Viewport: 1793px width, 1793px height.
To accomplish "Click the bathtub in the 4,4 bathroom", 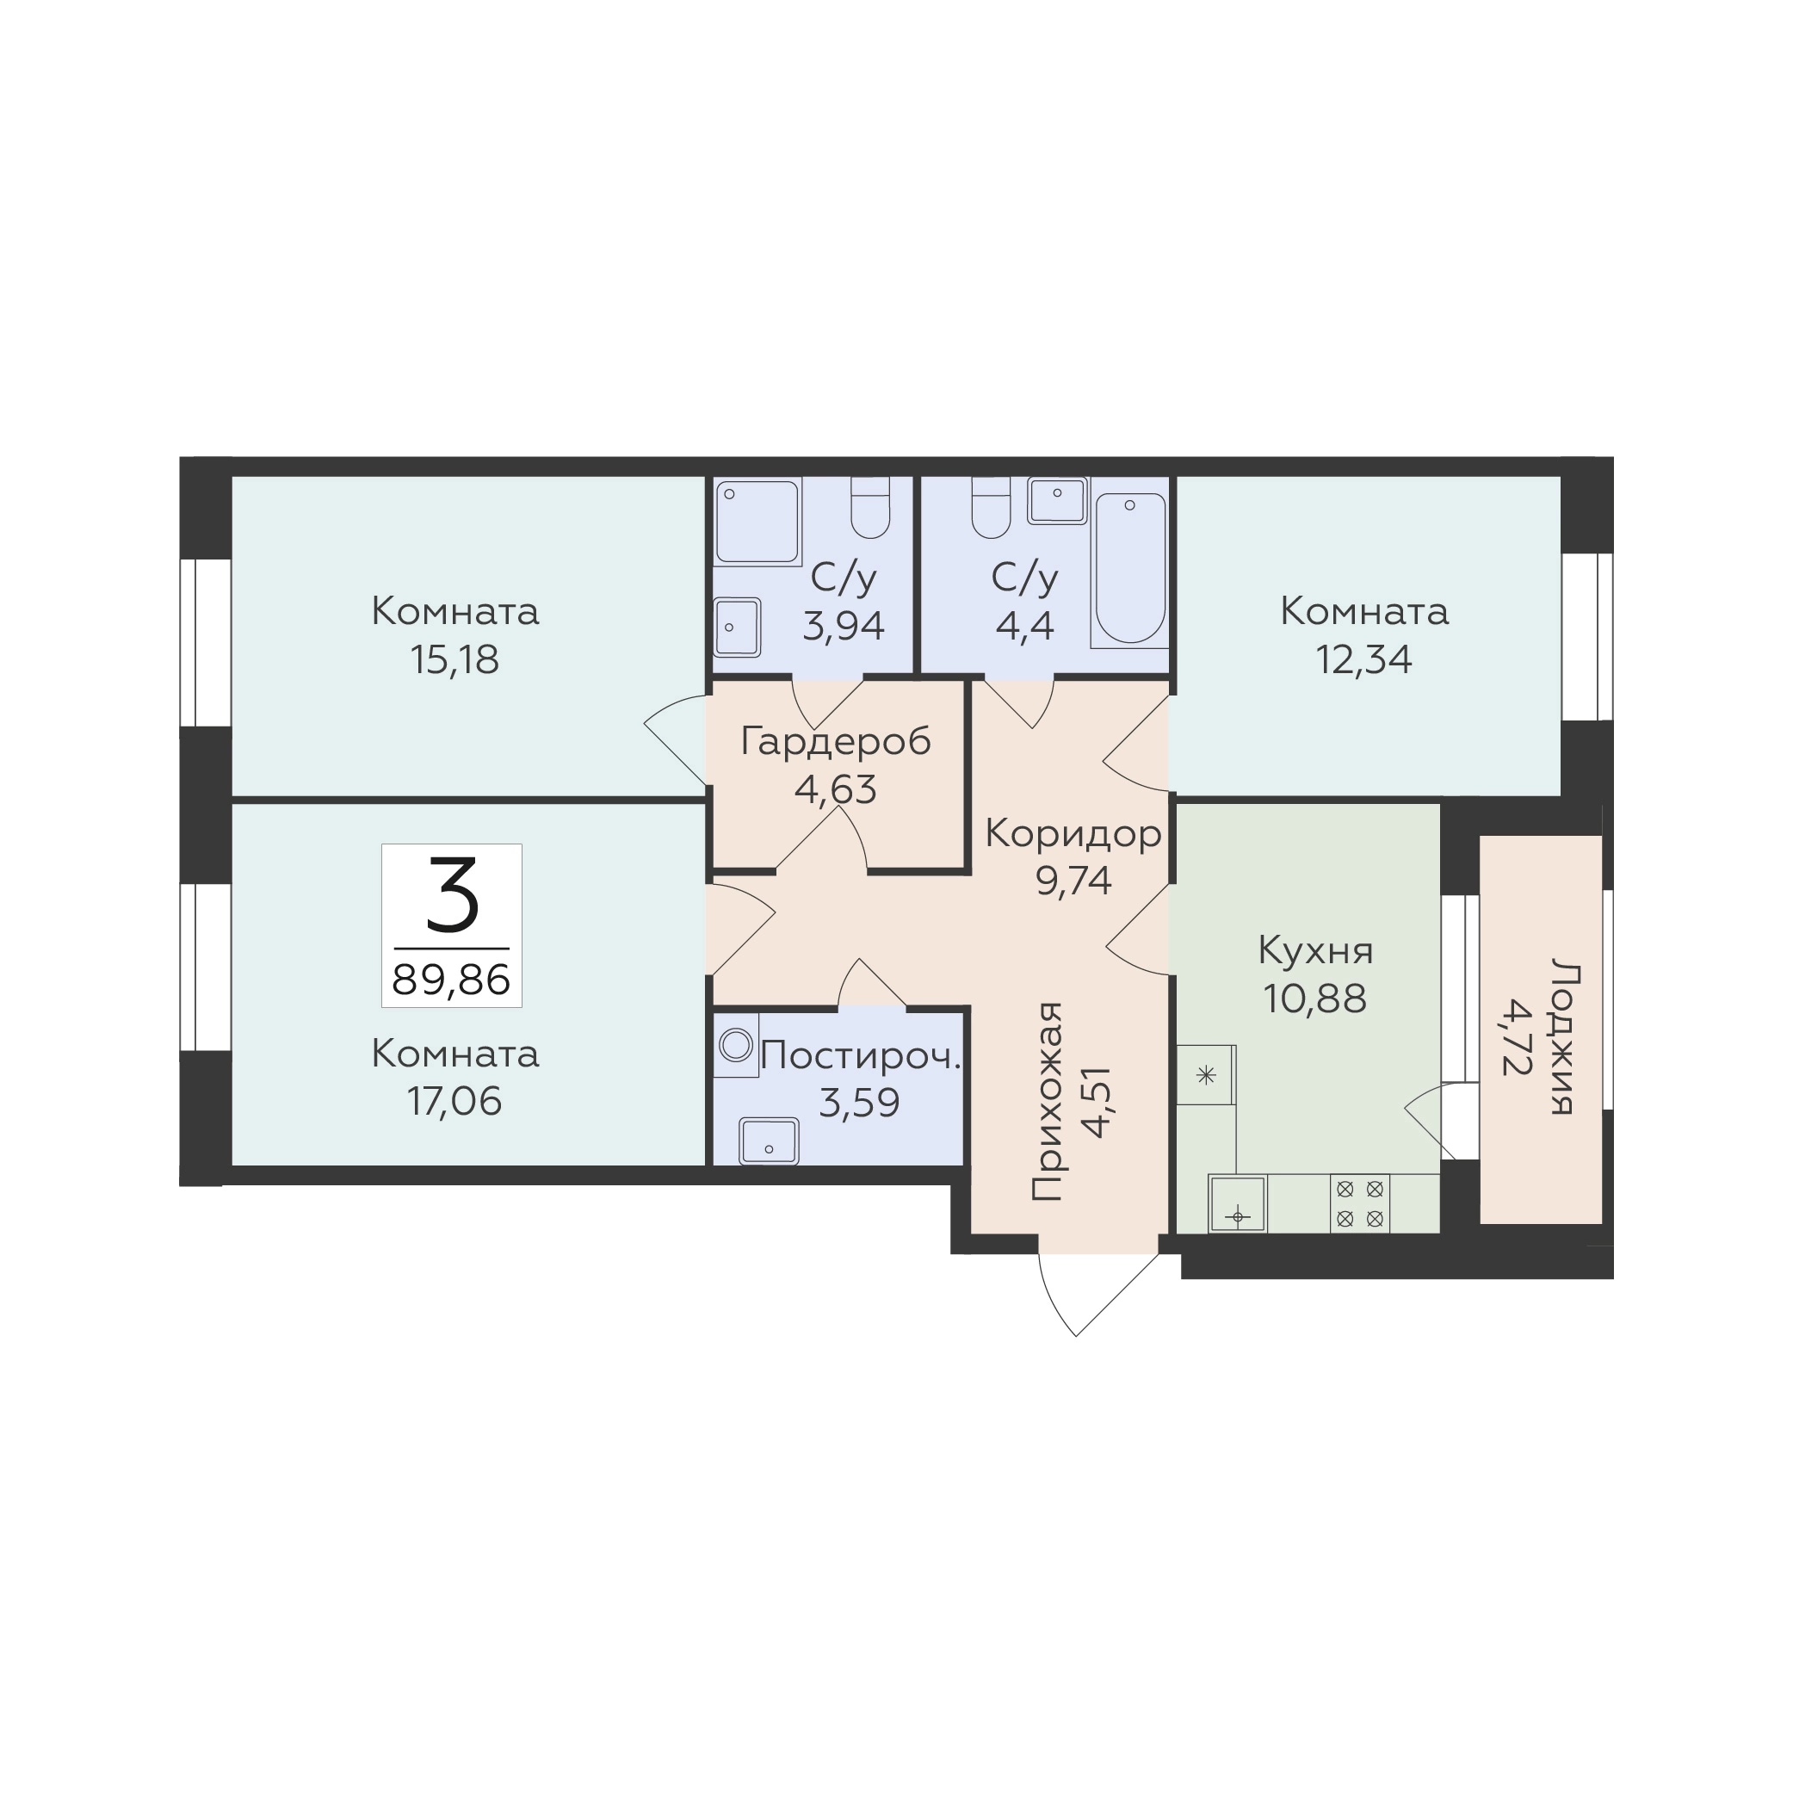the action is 1129,569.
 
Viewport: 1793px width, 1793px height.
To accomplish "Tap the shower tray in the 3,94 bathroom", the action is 757,522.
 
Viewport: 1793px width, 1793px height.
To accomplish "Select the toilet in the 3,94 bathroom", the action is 870,509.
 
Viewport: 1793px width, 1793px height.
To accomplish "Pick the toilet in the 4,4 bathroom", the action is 991,509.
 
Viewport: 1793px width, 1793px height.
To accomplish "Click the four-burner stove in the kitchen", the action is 1360,1203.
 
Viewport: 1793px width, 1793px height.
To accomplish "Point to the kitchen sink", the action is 1238,1203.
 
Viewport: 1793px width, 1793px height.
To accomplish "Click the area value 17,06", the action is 454,1102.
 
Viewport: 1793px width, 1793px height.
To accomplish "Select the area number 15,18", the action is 454,660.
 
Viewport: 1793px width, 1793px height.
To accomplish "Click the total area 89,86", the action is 451,979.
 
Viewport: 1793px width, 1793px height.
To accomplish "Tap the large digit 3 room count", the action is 452,894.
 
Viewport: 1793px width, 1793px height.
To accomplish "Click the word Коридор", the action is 1073,833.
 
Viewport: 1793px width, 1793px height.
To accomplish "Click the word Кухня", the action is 1316,951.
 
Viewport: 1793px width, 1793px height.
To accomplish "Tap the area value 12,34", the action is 1364,660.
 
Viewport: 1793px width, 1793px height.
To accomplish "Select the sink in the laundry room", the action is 769,1141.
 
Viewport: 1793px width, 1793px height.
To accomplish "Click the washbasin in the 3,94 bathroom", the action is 738,627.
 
